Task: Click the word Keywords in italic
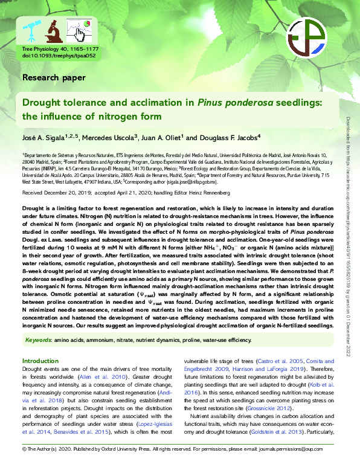point(38,341)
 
